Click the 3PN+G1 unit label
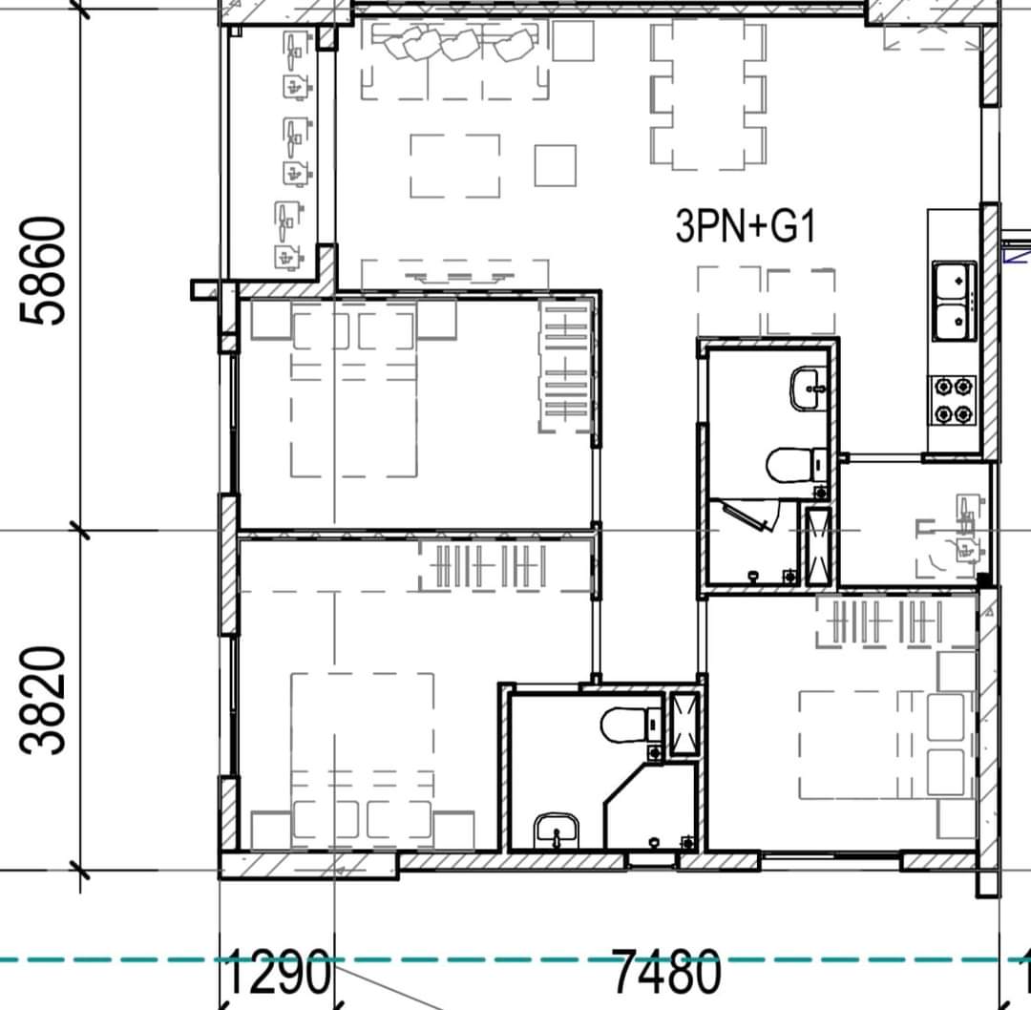(x=746, y=225)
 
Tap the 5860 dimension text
(x=43, y=271)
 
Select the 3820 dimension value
(x=43, y=700)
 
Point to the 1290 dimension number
(x=276, y=971)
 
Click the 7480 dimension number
(x=667, y=971)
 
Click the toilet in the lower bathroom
(x=631, y=725)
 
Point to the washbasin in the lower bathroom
(x=557, y=831)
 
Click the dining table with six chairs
(x=708, y=95)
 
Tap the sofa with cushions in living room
(x=454, y=60)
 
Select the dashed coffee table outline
(x=455, y=166)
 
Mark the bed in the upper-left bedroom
(x=354, y=394)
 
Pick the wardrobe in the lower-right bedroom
(x=896, y=621)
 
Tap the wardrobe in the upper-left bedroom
(x=565, y=367)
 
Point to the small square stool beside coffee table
(x=556, y=166)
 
